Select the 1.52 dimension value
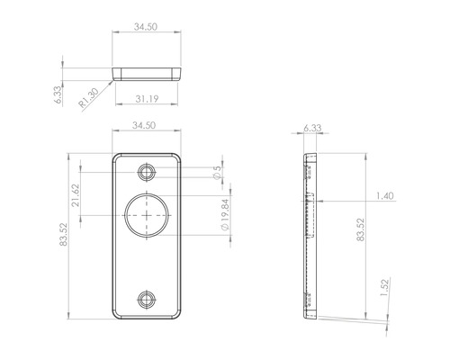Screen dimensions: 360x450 (384, 287)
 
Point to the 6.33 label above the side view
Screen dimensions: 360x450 (312, 129)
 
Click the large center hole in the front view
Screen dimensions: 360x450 (147, 216)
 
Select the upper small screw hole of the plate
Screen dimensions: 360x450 (147, 171)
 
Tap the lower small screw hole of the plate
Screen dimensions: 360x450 (147, 300)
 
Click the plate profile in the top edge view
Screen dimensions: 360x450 (147, 70)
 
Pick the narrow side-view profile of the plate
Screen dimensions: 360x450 (310, 237)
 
